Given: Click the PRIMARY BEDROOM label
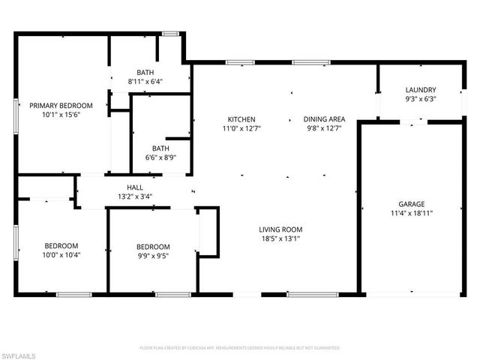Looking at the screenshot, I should coord(61,106).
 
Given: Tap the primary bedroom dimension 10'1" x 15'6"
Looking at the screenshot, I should coord(61,115).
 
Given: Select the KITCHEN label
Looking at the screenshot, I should coord(242,119).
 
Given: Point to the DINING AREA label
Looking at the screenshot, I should coord(324,119).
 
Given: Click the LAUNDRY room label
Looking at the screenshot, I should coord(421,89).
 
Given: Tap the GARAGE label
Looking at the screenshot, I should coord(412,204).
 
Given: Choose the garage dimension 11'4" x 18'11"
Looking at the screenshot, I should coord(412,213).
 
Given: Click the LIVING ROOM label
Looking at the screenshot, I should coord(280,229).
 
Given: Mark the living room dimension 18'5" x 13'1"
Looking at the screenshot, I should coord(280,238).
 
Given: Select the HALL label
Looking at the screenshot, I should coord(135,188).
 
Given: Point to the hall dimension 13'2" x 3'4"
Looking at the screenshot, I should coord(135,197).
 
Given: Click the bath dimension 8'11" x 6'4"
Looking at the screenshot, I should coord(145,81).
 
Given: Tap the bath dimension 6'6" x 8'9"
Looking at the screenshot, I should coord(160,157).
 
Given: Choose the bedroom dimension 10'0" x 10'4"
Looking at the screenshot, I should coord(61,255).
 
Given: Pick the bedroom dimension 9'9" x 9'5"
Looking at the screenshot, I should coord(152,256).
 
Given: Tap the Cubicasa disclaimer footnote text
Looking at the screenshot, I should coord(240,348).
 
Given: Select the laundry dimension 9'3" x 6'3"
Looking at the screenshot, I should coord(421,98).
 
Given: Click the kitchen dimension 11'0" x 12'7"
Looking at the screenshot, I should coord(242,128).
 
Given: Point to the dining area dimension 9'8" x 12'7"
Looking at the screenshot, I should coord(324,128).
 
